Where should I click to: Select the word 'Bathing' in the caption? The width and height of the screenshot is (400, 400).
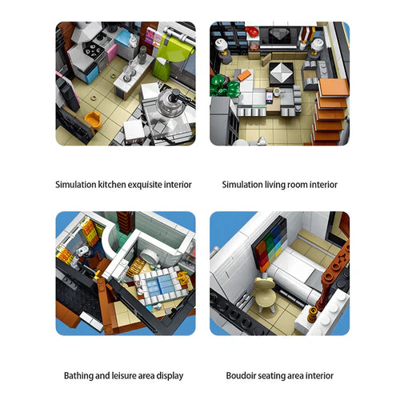pyautogui.click(x=80, y=374)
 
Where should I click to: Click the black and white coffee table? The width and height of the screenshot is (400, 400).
pyautogui.click(x=284, y=76)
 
